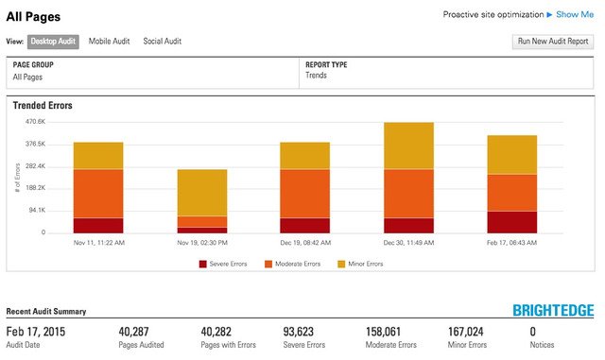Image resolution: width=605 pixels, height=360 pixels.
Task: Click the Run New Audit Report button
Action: [x=553, y=42]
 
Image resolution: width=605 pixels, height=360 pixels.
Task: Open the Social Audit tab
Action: [x=162, y=42]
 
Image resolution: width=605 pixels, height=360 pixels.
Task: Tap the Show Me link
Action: [x=575, y=14]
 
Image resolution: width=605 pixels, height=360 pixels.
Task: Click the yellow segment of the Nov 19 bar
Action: [x=202, y=193]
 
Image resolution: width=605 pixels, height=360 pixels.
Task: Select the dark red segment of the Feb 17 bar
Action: [x=511, y=221]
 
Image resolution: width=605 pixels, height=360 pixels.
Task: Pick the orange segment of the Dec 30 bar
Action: [x=408, y=194]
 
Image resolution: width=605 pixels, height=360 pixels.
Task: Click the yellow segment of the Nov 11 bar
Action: [x=98, y=156]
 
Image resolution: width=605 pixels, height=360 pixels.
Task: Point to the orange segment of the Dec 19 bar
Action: [x=305, y=194]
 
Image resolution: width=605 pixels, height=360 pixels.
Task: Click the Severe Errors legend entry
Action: [x=223, y=264]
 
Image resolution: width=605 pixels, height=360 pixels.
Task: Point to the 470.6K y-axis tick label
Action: [x=35, y=122]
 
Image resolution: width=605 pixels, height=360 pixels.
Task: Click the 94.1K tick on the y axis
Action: [x=37, y=210]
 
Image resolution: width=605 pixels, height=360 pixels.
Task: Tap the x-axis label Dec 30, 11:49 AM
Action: [x=408, y=243]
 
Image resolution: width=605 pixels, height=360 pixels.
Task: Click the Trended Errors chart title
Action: [x=43, y=106]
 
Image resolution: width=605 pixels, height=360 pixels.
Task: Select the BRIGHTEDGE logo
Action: [x=553, y=311]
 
